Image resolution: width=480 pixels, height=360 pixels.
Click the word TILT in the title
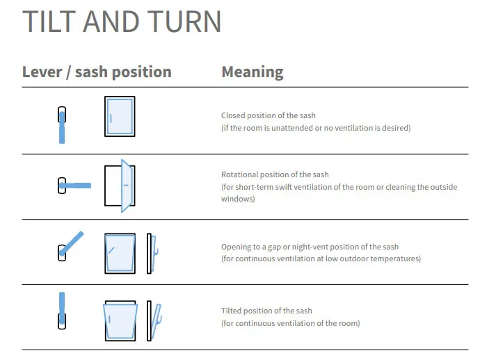tap(47, 22)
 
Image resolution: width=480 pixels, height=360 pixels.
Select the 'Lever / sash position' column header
tap(97, 72)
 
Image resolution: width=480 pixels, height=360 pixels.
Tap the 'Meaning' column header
tap(252, 72)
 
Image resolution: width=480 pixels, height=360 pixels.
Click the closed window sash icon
tap(120, 117)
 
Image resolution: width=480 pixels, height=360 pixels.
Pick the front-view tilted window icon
tap(120, 320)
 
